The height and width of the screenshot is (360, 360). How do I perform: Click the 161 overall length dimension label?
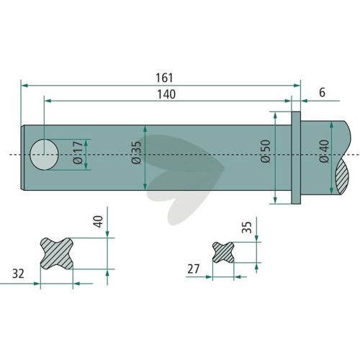coord(164,78)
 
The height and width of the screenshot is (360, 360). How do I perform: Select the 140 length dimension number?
coord(166,94)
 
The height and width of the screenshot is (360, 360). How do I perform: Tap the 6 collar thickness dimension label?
coord(322,92)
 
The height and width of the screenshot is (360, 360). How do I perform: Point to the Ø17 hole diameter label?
coord(78,153)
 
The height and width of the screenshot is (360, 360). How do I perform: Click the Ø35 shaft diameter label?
coord(137,153)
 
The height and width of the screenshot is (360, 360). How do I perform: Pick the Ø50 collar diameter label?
coord(266,151)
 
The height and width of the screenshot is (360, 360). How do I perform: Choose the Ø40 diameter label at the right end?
coord(324,151)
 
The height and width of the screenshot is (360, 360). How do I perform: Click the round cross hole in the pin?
coord(44,154)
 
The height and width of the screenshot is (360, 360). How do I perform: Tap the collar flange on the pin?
coord(296,158)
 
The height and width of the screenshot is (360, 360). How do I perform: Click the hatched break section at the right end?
coord(342,177)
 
